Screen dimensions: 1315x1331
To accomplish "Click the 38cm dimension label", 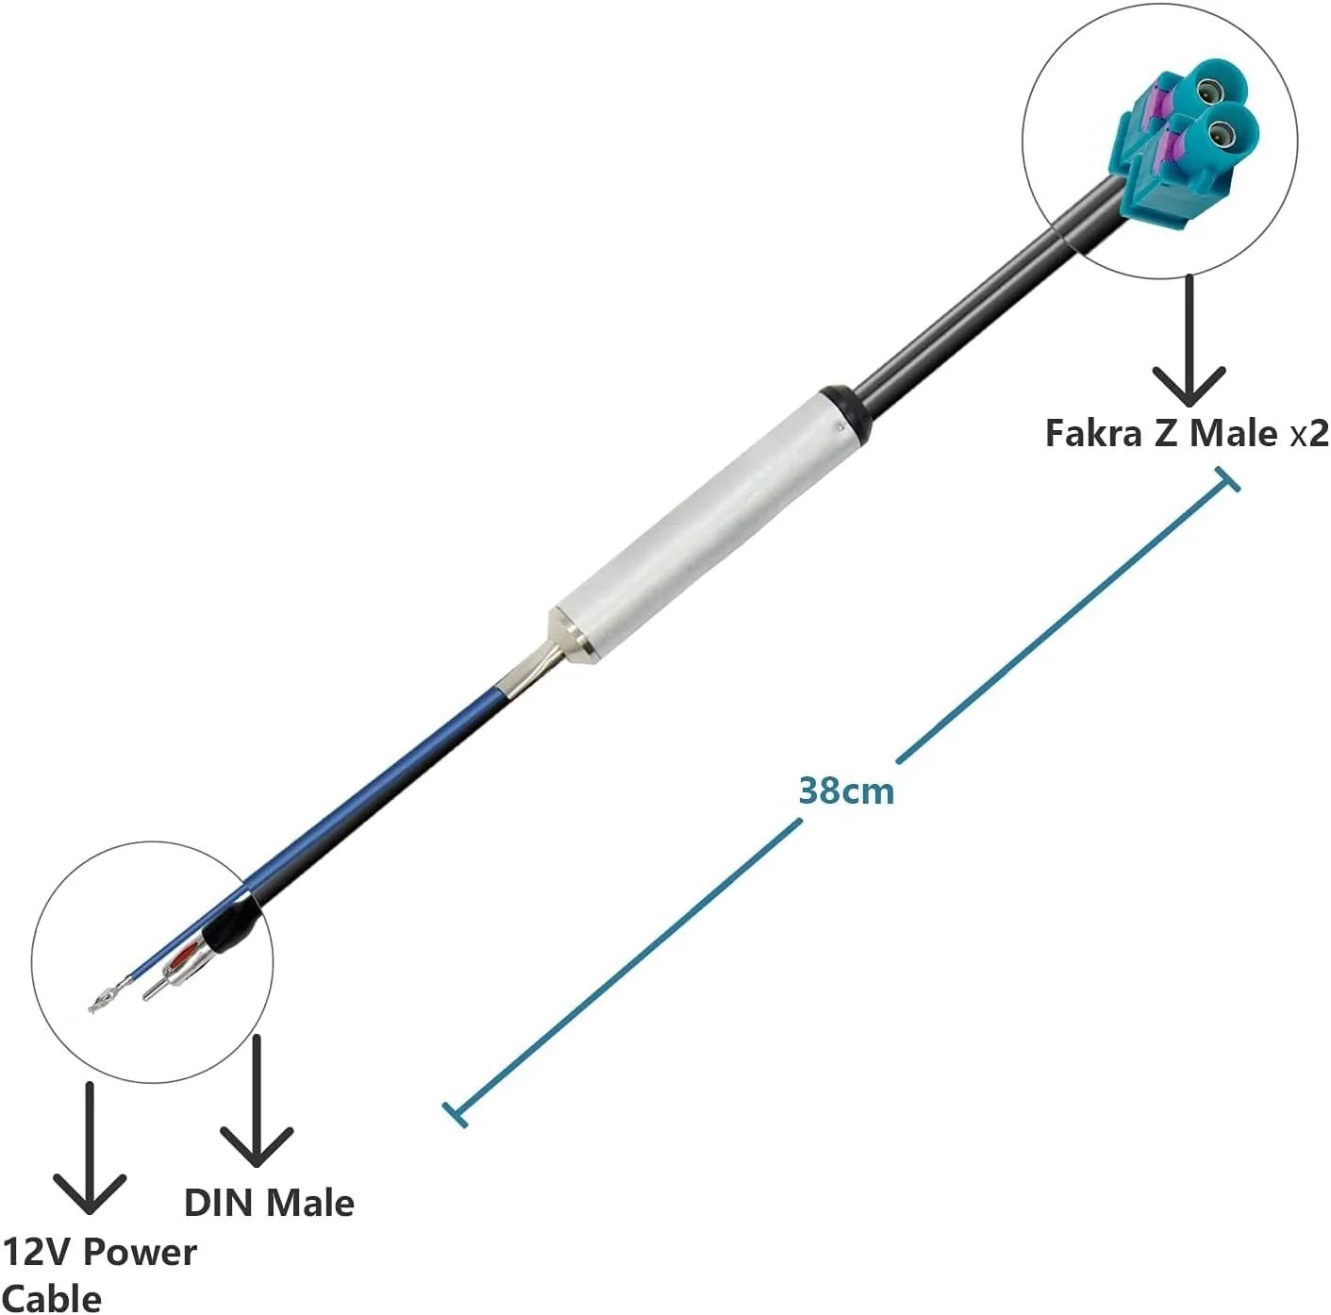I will [846, 791].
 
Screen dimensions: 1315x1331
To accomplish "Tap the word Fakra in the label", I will [1092, 433].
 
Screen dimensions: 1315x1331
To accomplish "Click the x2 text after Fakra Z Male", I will [1308, 434].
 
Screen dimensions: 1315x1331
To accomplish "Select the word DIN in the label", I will [221, 1204].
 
